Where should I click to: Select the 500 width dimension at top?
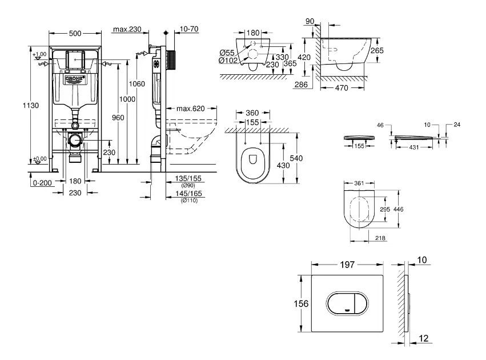pyautogui.click(x=74, y=33)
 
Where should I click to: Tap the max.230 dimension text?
pyautogui.click(x=126, y=29)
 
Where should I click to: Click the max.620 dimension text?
pyautogui.click(x=190, y=109)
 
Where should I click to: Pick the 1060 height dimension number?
pyautogui.click(x=137, y=84)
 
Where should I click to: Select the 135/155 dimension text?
pyautogui.click(x=189, y=178)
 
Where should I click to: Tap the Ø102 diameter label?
pyautogui.click(x=228, y=61)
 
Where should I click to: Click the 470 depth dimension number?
pyautogui.click(x=342, y=89)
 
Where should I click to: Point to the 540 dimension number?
pyautogui.click(x=297, y=158)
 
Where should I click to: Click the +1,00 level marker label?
pyautogui.click(x=39, y=55)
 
